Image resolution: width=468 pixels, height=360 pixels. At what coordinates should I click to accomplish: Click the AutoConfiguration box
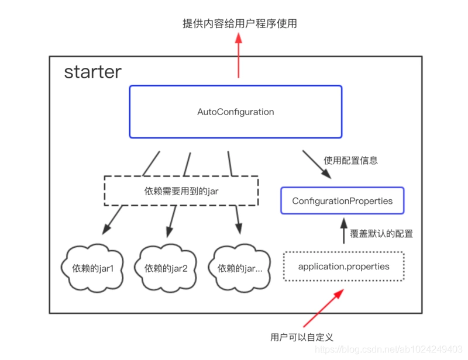235,112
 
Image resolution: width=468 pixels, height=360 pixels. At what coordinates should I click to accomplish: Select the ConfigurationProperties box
342,201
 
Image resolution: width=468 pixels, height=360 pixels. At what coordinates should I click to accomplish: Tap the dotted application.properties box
343,266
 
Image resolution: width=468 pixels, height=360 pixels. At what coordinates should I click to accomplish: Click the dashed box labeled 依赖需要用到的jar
181,191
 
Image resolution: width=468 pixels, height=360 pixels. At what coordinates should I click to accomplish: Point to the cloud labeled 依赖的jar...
239,268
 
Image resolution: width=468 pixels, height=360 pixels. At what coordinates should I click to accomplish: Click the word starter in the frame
92,72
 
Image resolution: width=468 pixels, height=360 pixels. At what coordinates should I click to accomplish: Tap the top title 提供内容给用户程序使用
239,24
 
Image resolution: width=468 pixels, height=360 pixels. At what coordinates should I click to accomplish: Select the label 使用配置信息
350,160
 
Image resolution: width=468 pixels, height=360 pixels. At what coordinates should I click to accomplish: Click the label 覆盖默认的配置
381,234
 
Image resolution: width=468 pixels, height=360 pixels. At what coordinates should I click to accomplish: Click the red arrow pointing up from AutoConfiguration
239,56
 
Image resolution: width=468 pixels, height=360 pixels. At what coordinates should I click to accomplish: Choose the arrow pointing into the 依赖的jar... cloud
238,221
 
